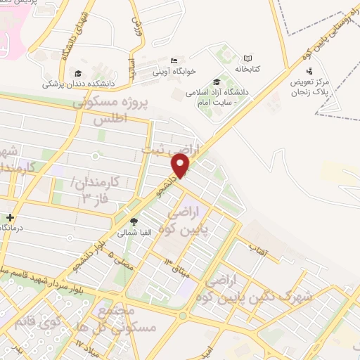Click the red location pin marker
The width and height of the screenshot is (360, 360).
[181, 165]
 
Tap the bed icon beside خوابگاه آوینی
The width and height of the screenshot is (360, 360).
[174, 60]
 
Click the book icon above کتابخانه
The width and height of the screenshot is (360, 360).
[247, 58]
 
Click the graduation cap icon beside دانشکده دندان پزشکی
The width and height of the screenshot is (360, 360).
[77, 72]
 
